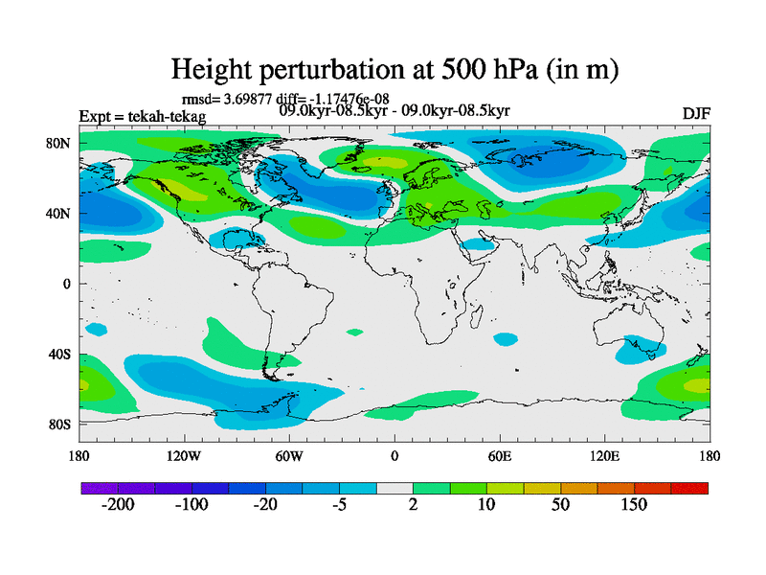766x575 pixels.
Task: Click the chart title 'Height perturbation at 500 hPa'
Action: point(394,69)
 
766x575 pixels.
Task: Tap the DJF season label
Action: point(696,113)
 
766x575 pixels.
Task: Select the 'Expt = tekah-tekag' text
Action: point(142,117)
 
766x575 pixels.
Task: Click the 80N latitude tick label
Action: point(60,143)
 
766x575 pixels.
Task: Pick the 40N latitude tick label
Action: point(60,213)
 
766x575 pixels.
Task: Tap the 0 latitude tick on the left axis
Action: point(68,284)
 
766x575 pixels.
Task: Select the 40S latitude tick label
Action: point(60,354)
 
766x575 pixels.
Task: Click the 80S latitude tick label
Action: point(60,424)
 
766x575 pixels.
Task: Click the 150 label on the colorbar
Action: point(634,505)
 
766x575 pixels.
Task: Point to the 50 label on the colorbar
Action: point(561,505)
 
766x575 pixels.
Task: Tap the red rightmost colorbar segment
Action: point(689,488)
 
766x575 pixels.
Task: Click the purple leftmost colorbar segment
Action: point(100,488)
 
